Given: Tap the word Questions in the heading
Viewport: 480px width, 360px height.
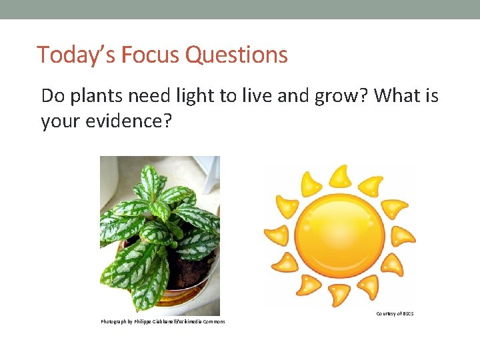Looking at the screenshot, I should click(x=237, y=55).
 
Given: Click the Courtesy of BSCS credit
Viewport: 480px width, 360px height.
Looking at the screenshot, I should click(x=395, y=313).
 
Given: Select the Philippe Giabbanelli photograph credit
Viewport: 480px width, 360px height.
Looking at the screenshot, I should click(x=163, y=322).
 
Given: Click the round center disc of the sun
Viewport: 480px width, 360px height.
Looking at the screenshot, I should click(x=340, y=237).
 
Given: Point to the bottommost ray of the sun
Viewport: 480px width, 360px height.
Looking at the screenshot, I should click(x=339, y=294).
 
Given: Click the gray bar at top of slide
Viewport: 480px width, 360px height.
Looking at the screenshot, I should click(x=240, y=9).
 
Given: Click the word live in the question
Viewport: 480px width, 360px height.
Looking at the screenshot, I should click(x=245, y=97).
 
